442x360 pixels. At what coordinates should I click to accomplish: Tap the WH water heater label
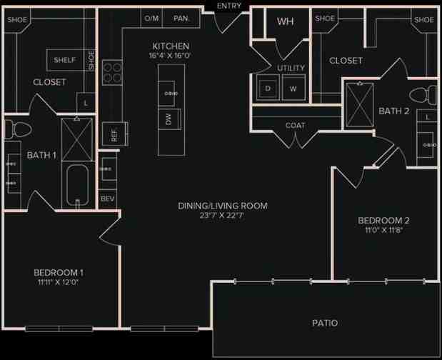point(285,21)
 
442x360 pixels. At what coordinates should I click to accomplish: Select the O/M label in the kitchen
point(151,19)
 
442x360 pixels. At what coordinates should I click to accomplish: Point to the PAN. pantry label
point(181,19)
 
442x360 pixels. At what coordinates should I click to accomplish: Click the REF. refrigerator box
point(110,134)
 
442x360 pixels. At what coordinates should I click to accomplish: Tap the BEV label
point(108,198)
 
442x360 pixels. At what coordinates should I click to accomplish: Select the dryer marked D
point(268,89)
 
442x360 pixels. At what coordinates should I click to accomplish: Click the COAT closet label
point(295,125)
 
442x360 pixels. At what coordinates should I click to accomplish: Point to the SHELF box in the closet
point(66,60)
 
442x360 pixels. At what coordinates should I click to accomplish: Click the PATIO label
point(324,323)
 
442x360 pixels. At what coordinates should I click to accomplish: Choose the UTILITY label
point(291,68)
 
